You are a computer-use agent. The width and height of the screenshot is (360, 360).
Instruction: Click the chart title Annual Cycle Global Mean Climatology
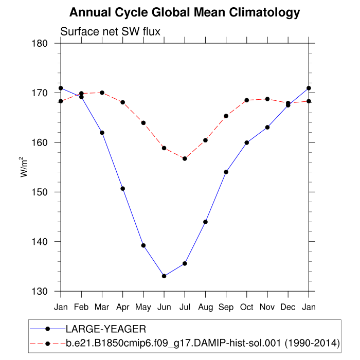tap(185, 12)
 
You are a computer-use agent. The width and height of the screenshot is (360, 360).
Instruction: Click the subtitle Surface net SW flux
tap(111, 31)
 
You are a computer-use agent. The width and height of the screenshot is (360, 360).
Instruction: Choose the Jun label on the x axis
tap(164, 307)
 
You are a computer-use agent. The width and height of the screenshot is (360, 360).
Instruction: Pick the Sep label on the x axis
tap(226, 307)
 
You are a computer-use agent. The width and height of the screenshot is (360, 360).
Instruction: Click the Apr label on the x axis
tap(122, 307)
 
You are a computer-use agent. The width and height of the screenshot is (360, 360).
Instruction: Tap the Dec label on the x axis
tap(288, 307)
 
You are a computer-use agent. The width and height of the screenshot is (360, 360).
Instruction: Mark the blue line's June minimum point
tap(164, 276)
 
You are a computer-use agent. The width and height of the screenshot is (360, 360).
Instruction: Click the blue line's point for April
tap(122, 188)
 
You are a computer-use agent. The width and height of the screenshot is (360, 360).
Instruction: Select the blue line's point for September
tap(226, 172)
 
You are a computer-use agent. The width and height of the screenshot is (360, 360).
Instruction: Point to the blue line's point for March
tap(102, 133)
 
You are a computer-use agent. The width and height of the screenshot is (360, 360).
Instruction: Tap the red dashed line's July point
tap(185, 158)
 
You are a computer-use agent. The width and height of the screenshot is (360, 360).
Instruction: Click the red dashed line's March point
tap(102, 93)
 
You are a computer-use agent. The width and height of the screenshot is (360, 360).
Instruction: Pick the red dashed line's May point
tap(143, 123)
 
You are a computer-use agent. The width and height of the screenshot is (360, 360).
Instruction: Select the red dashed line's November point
tap(267, 99)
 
